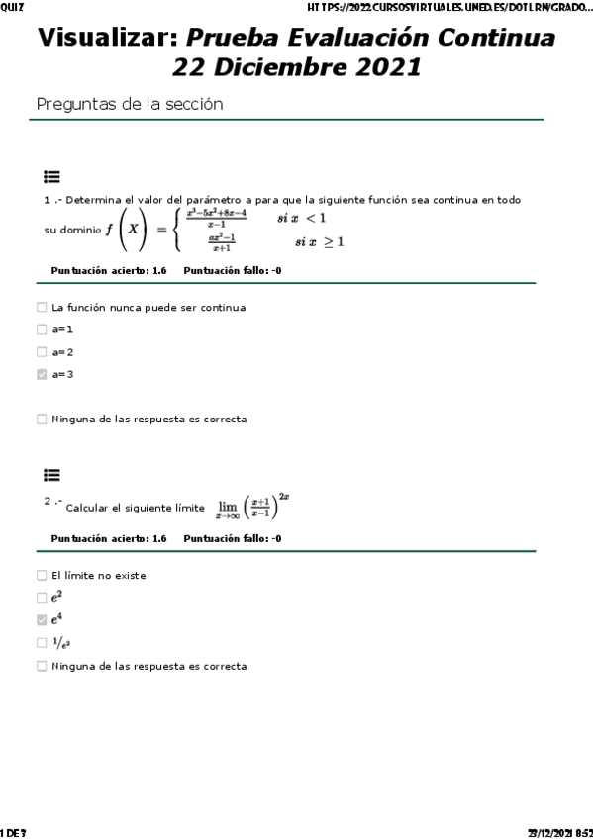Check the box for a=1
coord(42,329)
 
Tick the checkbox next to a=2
coord(42,351)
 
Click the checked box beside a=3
coord(42,374)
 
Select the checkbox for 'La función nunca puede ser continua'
coord(42,307)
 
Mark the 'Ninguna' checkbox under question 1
coord(42,419)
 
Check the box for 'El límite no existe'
coord(42,575)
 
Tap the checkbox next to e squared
coord(42,598)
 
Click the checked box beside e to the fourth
coord(42,620)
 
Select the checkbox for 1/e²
coord(42,643)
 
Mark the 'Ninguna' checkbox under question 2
coord(42,666)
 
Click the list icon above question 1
coord(51,177)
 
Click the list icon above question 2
coord(51,475)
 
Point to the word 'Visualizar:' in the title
coord(107,39)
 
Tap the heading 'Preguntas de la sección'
coord(129,104)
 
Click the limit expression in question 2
coord(252,506)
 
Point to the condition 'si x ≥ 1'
coord(319,241)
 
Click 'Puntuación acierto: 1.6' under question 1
coord(108,269)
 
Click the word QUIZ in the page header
coord(13,7)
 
